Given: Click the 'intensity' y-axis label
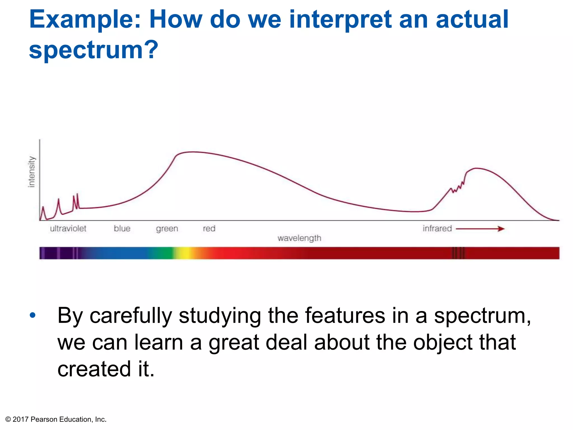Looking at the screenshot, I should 32,172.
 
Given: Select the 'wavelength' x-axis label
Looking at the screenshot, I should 299,238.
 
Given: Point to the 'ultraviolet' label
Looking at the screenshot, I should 68,229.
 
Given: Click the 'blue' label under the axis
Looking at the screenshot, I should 122,229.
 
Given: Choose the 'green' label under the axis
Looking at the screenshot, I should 167,229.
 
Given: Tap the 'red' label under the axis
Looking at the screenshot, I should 209,229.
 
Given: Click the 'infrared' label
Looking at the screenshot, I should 437,229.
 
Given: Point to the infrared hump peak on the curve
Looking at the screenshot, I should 476,168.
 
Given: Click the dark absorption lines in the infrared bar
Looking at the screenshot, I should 458,253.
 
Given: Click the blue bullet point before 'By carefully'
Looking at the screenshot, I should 33,316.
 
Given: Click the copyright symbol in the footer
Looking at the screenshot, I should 8,419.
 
